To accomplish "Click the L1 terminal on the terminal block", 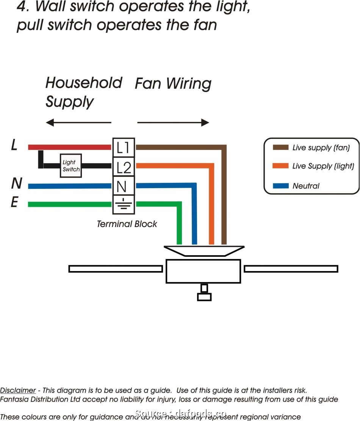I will [124, 147].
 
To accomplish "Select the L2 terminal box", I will [124, 167].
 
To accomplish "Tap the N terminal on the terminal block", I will [124, 186].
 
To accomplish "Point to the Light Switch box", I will [71, 166].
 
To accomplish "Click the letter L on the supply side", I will [14, 145].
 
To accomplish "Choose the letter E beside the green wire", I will [14, 203].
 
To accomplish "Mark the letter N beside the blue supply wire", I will [16, 183].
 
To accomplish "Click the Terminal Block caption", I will [127, 224].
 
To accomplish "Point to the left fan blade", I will [116, 269].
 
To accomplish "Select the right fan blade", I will [291, 269].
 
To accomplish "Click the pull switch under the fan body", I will [204, 293].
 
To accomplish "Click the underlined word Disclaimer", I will [18, 390].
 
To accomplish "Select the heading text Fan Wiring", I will [173, 84].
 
